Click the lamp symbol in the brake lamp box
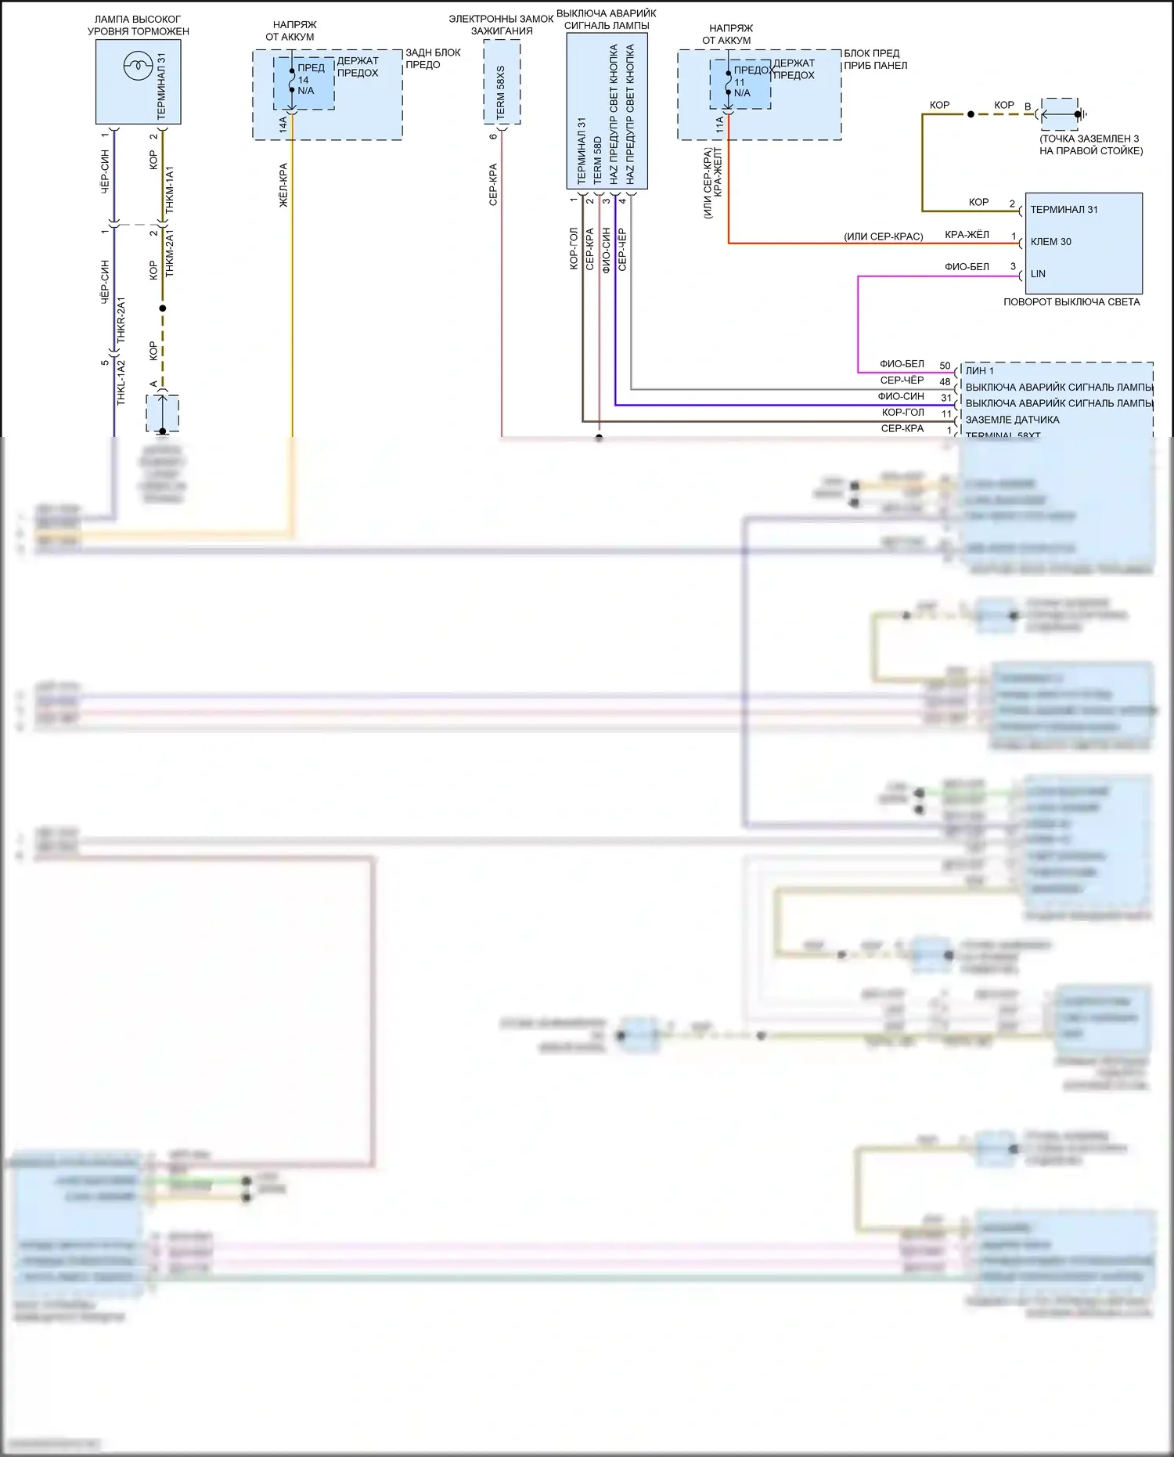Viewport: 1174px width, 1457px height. (137, 66)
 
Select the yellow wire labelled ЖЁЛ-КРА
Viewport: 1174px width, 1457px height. (293, 274)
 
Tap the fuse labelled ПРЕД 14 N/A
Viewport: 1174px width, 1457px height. (304, 80)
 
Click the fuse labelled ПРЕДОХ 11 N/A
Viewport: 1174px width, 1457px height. (740, 82)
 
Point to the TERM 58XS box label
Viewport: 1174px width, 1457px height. (501, 92)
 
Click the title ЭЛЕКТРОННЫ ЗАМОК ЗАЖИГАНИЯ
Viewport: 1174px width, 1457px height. (501, 24)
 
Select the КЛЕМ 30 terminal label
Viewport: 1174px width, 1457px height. (1050, 242)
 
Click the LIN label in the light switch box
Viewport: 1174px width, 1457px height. (1038, 274)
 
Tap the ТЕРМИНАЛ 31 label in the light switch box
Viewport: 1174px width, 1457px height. (1063, 210)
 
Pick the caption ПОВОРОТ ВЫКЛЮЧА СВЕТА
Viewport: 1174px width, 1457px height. (1071, 302)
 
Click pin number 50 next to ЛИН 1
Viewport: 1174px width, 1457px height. (945, 366)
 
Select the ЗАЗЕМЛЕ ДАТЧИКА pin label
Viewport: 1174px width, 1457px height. (1012, 420)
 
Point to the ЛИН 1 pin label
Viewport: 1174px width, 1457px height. (979, 371)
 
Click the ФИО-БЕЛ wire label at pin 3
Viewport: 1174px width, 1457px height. (967, 267)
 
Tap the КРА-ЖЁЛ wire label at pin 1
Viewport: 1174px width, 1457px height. (967, 235)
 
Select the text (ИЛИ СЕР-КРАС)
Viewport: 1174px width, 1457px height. (883, 236)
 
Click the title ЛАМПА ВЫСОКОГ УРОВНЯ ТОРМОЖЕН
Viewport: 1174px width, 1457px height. (138, 25)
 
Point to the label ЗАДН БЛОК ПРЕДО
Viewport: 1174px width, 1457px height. (433, 59)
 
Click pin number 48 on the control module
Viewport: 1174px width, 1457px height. (945, 382)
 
